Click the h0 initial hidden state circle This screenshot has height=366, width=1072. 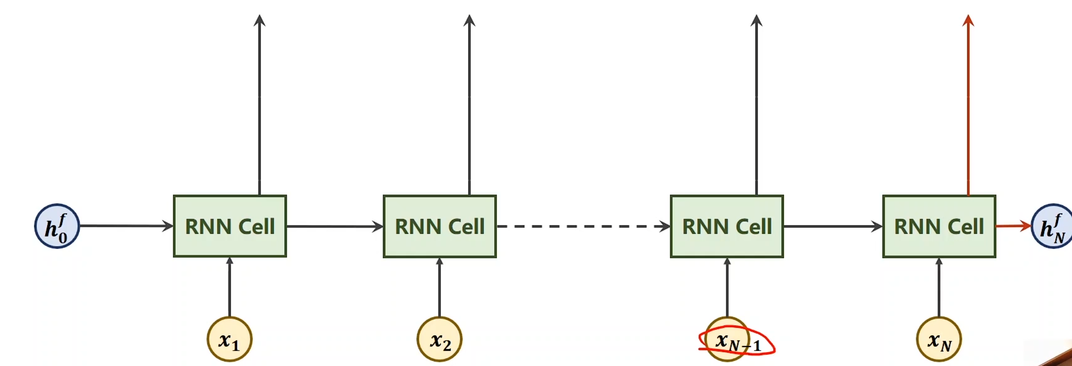(x=57, y=226)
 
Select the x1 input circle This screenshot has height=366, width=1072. (x=229, y=339)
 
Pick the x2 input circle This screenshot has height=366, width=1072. (x=439, y=339)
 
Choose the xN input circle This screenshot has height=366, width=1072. (x=939, y=339)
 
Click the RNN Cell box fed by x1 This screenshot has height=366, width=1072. (x=230, y=226)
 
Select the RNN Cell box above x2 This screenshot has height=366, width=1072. (x=440, y=226)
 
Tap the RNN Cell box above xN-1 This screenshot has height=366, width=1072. (x=727, y=226)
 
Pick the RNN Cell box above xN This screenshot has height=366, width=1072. (x=939, y=226)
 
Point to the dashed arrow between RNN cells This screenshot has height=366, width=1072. (x=583, y=226)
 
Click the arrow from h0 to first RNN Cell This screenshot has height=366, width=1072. (x=126, y=226)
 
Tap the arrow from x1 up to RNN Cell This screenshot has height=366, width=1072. (x=229, y=287)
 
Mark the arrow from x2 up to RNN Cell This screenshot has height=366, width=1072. (x=439, y=287)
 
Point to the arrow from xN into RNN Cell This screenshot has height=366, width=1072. (x=939, y=287)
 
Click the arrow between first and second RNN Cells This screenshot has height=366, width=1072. (x=334, y=226)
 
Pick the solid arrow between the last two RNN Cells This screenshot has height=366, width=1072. (x=832, y=226)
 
